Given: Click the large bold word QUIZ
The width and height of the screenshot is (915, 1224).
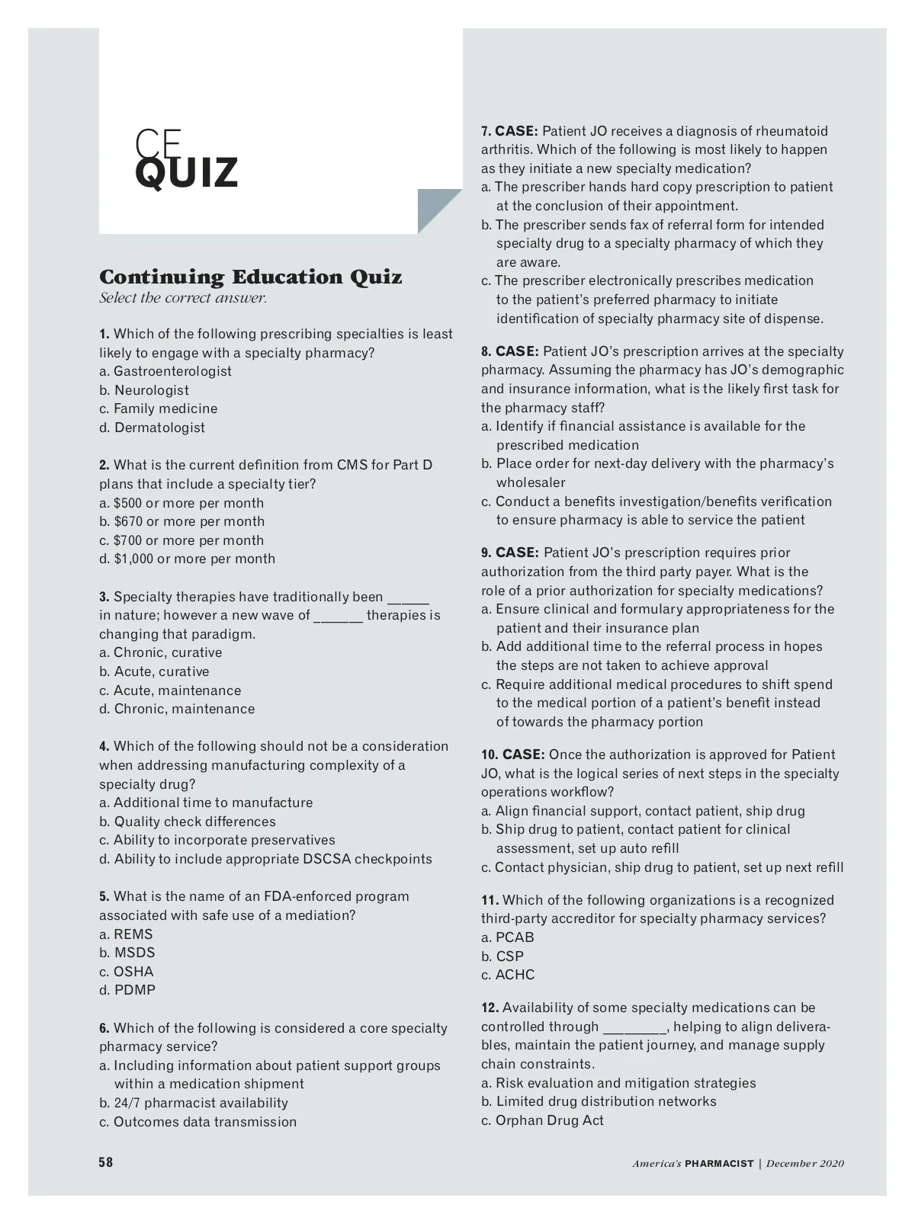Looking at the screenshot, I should pyautogui.click(x=186, y=174).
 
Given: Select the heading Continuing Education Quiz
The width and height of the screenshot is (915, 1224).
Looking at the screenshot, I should pyautogui.click(x=250, y=277).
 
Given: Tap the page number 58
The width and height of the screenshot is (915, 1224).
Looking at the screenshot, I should pyautogui.click(x=105, y=1162).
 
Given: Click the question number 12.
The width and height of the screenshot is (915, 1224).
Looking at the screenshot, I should pyautogui.click(x=490, y=1008).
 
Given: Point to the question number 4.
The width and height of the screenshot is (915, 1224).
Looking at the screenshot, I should pyautogui.click(x=104, y=747).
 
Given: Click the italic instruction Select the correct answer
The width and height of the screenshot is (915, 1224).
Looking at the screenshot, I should pyautogui.click(x=183, y=298).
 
